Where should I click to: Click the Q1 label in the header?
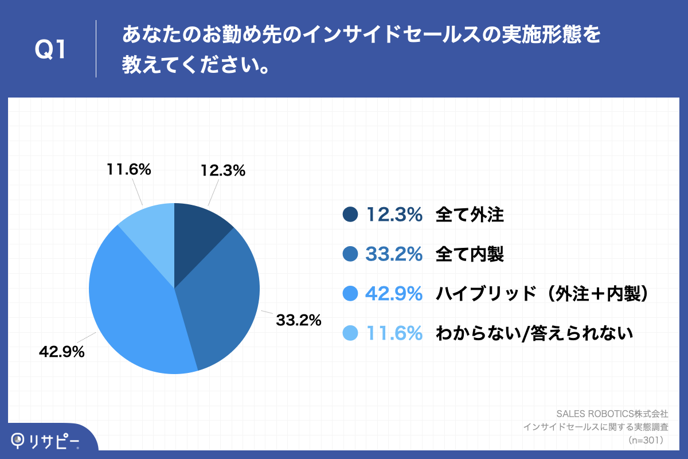coord(50,50)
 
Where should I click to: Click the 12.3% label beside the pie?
coord(223,170)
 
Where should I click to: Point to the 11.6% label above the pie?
coord(128,169)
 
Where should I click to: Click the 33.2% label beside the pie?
coord(298,320)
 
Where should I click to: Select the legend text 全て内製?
coord(470,254)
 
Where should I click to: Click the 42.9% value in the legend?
coord(394,294)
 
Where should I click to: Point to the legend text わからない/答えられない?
coord(534,333)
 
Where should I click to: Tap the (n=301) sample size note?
coord(646,441)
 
